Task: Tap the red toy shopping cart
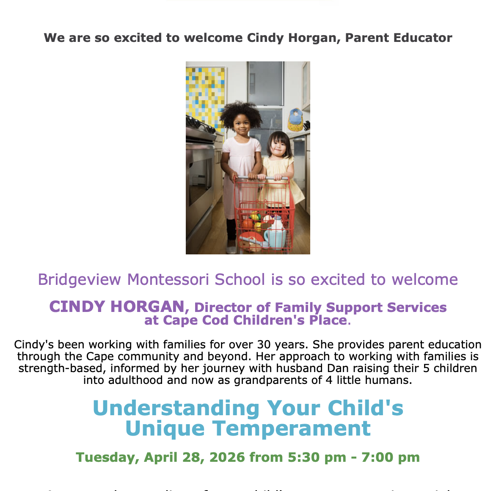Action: click(265, 212)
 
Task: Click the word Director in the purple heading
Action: click(222, 307)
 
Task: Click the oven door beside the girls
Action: click(199, 169)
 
